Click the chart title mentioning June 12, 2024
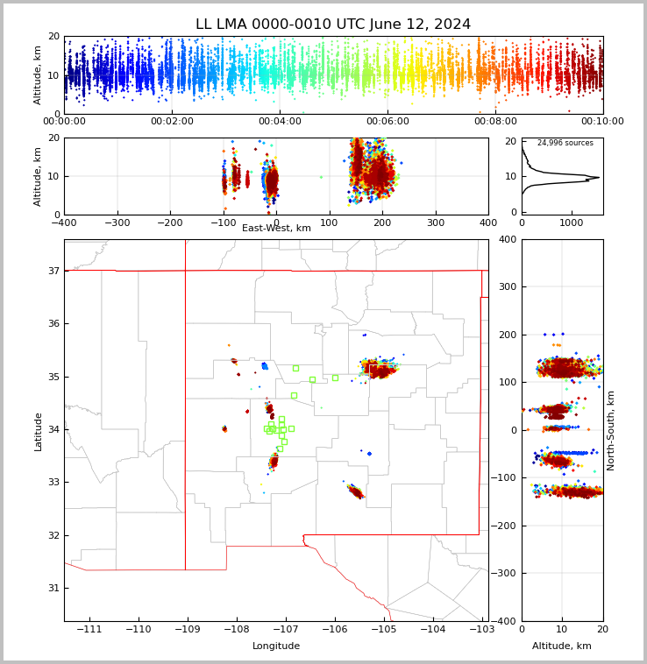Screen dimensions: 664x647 point(333,25)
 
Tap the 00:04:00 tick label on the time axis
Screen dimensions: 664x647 point(280,122)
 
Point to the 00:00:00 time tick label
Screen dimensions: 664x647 point(65,122)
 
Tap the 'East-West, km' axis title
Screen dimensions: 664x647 point(276,229)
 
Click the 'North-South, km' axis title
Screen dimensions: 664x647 point(611,430)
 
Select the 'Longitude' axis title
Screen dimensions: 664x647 point(276,646)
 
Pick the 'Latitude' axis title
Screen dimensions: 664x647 point(39,430)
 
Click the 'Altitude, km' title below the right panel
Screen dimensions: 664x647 point(562,646)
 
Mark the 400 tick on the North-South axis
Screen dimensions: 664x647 point(531,239)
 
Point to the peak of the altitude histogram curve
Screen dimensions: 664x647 point(599,178)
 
